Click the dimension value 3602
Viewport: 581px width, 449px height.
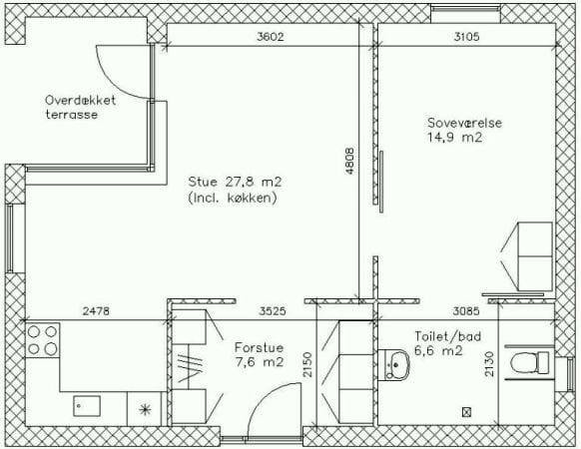(271, 37)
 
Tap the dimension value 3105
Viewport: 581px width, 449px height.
(466, 37)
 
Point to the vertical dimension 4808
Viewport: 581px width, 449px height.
(349, 161)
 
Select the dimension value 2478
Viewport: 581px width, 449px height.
(96, 311)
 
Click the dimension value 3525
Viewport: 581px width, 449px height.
(273, 311)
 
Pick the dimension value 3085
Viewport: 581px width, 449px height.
(466, 311)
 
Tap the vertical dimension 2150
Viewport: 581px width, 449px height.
(307, 364)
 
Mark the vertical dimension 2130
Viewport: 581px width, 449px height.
(489, 364)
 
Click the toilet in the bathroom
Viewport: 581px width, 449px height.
(529, 362)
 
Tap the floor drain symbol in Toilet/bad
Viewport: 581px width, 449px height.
(466, 411)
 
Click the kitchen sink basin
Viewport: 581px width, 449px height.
(87, 406)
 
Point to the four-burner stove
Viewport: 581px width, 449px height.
(42, 339)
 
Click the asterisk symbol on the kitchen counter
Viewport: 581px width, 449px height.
(145, 409)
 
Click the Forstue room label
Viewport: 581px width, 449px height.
(259, 347)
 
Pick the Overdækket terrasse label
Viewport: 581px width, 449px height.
(81, 107)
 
